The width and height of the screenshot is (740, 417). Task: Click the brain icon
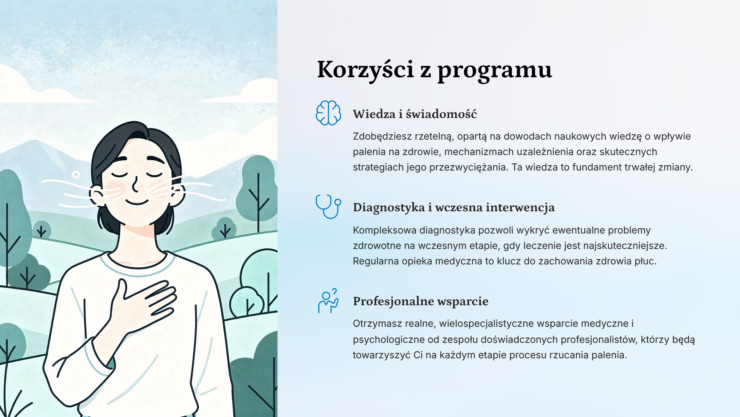pos(328,113)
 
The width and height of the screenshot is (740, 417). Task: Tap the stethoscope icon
pos(328,207)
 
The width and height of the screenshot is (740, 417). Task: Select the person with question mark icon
pos(328,301)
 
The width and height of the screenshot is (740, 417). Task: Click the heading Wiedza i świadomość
pos(415,114)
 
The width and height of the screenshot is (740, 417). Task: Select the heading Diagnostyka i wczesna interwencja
pos(454,207)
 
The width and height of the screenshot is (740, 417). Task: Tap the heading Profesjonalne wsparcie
pos(421,301)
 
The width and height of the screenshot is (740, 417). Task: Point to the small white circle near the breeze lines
pos(76,175)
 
